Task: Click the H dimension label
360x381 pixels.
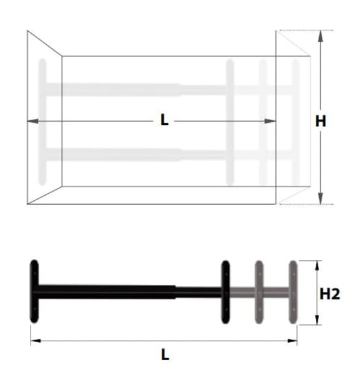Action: click(320, 121)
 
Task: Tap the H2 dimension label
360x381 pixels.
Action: click(329, 294)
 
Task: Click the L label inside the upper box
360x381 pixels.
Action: click(164, 120)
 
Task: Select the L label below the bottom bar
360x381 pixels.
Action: click(165, 355)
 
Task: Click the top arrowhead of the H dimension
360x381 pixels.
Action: click(320, 36)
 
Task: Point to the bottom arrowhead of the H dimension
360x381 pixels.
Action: click(320, 198)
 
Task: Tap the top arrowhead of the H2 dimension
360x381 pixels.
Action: click(317, 265)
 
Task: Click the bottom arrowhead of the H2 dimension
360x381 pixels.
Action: click(317, 320)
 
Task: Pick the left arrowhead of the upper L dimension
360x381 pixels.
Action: click(32, 121)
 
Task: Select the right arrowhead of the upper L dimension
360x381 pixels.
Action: click(270, 121)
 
